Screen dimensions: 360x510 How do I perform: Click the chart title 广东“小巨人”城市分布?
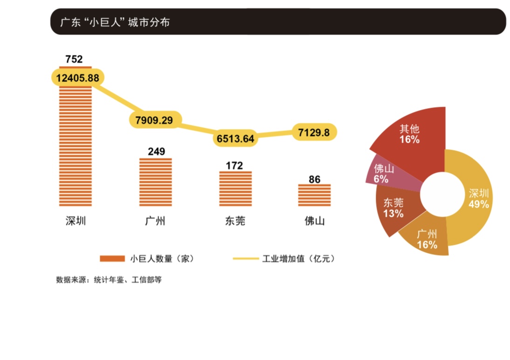(x=115, y=22)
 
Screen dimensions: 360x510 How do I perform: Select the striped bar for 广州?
(x=156, y=182)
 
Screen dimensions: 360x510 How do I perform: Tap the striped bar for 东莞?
(x=235, y=189)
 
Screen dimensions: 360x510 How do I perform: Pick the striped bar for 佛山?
(x=314, y=195)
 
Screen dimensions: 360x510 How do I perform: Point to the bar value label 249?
(x=156, y=152)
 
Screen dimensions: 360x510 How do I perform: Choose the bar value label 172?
(x=234, y=165)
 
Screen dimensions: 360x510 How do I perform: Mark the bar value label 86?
(x=314, y=179)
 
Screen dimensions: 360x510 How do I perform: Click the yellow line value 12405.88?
(x=77, y=78)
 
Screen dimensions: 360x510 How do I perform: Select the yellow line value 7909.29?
(x=154, y=120)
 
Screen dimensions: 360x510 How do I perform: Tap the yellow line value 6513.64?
(x=235, y=138)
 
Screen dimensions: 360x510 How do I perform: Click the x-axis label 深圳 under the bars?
(x=76, y=221)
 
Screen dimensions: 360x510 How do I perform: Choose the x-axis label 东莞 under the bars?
(x=234, y=221)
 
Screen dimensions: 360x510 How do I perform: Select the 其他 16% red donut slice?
(x=410, y=140)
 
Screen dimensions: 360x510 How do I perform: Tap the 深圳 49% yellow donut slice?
(x=476, y=196)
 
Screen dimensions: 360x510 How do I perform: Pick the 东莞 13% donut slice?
(x=394, y=210)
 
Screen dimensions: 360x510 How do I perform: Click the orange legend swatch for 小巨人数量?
(x=112, y=258)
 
